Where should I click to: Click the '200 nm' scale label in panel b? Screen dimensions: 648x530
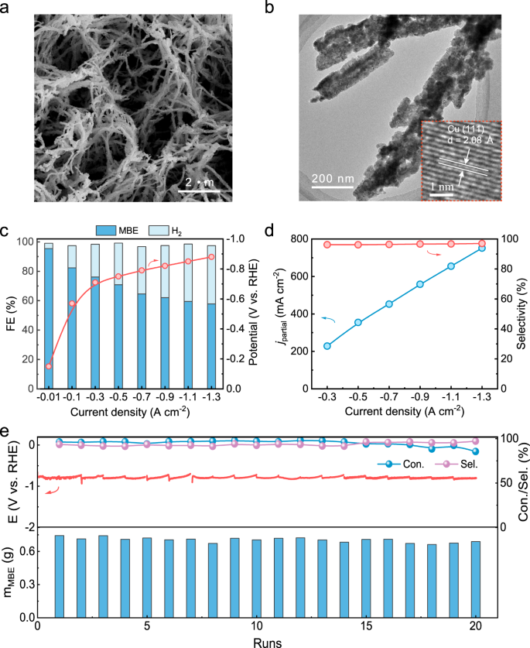tap(333, 179)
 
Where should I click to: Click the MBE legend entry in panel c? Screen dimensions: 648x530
tap(117, 231)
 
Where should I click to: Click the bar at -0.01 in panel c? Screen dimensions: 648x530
tap(49, 317)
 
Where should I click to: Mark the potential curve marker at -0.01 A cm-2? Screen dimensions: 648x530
tap(49, 366)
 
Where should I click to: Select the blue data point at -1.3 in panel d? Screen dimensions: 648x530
tap(481, 248)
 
